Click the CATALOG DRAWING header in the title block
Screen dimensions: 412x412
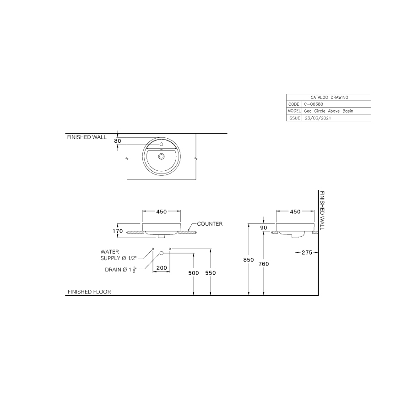point(329,98)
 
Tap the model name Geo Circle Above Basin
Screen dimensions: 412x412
point(329,111)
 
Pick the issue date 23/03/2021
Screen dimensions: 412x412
point(317,118)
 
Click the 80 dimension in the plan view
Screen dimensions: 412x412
point(118,141)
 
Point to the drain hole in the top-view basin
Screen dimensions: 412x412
point(161,156)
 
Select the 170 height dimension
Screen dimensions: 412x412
point(118,231)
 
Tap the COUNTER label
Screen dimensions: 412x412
point(210,224)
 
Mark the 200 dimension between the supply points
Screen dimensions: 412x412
point(161,268)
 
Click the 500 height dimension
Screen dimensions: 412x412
point(194,273)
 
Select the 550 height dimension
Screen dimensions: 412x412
point(211,273)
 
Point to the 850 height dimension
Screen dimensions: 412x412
point(249,260)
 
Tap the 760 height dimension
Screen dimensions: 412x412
point(264,264)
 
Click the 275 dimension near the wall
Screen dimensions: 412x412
point(306,252)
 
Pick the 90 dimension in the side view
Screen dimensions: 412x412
point(264,228)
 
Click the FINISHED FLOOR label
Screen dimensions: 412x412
point(89,292)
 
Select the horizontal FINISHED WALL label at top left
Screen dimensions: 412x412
point(87,137)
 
